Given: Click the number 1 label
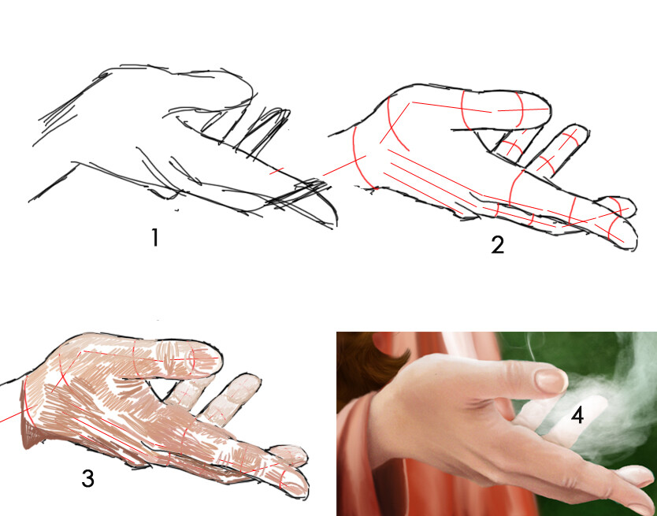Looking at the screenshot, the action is tap(155, 237).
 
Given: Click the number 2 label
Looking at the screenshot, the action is tap(497, 245).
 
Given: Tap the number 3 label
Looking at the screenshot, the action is tap(87, 478).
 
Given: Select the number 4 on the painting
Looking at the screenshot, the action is tap(577, 415).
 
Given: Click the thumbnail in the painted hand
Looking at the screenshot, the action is tap(551, 381).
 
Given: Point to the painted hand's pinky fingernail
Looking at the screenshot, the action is tap(638, 473).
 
